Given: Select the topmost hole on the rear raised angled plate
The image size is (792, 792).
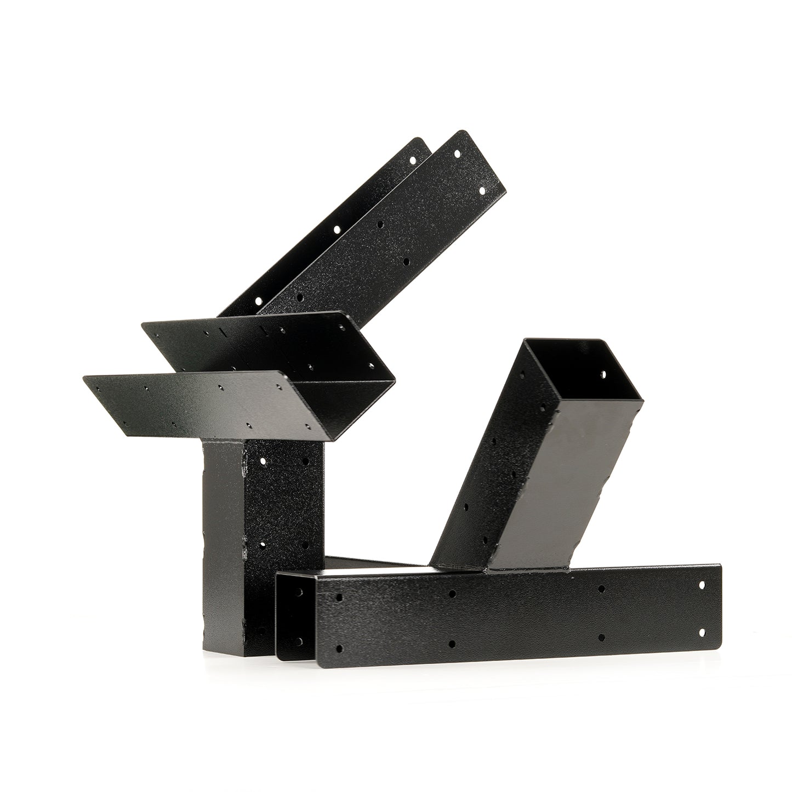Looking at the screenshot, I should click(413, 160).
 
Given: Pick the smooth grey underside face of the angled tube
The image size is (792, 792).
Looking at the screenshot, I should click(554, 493).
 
